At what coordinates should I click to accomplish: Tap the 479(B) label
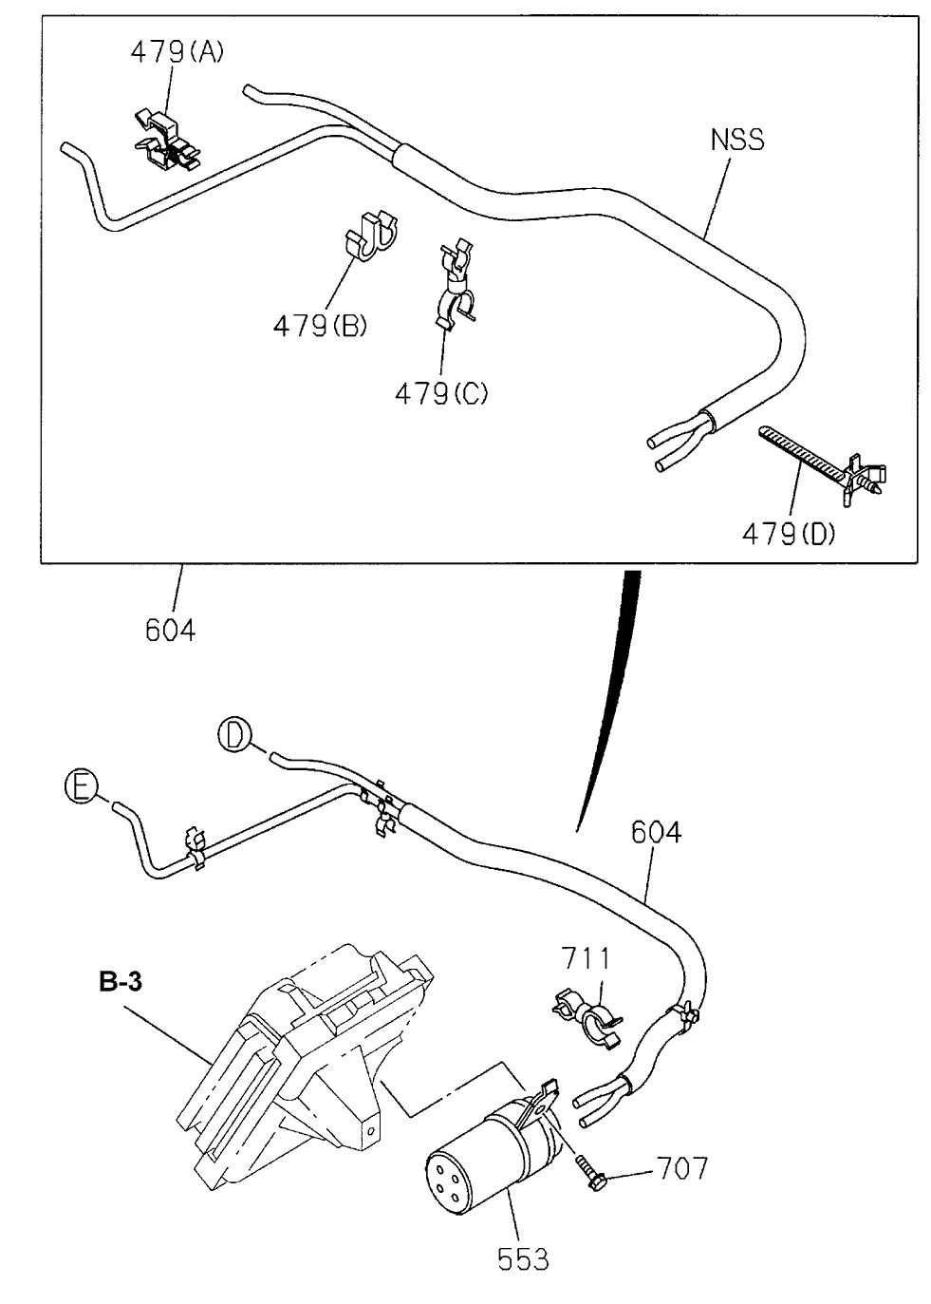point(320,325)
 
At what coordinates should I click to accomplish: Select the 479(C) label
point(441,391)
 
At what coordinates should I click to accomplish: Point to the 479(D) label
point(789,535)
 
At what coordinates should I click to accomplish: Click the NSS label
point(736,141)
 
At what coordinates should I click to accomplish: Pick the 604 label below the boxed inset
point(171,629)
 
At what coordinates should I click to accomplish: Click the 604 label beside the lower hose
point(656,832)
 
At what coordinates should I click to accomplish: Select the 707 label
point(680,1167)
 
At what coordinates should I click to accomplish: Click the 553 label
point(523,1259)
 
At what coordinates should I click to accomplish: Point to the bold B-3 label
point(121,983)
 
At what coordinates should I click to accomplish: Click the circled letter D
point(233,736)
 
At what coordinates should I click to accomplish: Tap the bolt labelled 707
point(592,1173)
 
